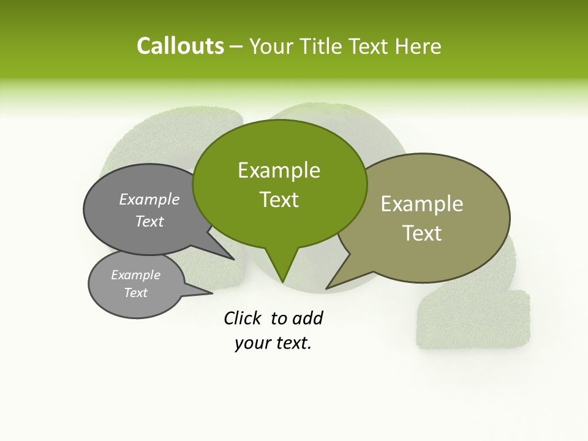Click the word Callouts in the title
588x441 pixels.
180,46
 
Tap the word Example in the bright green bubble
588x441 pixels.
279,170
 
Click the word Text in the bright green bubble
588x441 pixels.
279,200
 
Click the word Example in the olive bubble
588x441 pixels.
422,204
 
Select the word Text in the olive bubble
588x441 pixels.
422,233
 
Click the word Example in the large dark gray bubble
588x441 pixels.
149,200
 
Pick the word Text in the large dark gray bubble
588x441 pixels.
149,222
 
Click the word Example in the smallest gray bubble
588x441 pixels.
135,275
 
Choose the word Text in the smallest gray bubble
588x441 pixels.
135,293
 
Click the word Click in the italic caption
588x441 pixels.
244,318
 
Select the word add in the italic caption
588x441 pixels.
307,318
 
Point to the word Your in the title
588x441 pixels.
270,46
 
